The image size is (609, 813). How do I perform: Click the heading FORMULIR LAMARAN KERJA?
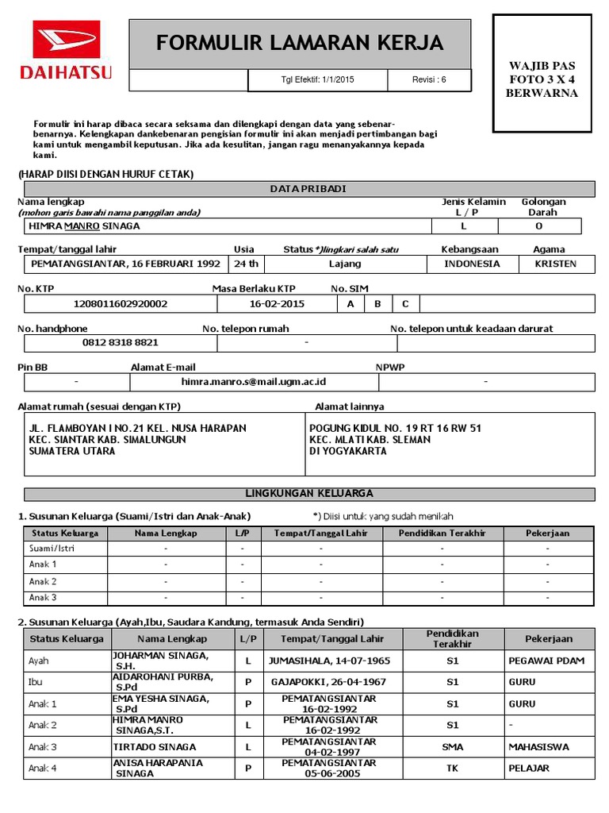300,43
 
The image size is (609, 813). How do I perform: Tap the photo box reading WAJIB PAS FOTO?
542,79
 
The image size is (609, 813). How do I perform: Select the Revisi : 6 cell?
429,79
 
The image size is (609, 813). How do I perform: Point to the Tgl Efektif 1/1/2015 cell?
318,79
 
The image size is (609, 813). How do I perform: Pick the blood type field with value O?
539,226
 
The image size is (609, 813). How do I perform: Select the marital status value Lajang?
344,264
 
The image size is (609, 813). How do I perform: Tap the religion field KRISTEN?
556,264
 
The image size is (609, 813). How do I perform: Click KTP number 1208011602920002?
121,303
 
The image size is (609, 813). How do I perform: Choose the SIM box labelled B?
377,303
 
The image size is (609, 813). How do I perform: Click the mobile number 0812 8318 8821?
121,343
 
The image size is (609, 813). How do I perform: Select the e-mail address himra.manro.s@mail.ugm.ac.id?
253,382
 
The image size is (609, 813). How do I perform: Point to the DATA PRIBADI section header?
308,188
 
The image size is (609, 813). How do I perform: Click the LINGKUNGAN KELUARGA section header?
308,494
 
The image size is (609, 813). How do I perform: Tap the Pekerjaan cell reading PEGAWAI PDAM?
546,661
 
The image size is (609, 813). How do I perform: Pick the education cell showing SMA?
453,747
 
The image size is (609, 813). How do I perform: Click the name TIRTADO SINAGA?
148,747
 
